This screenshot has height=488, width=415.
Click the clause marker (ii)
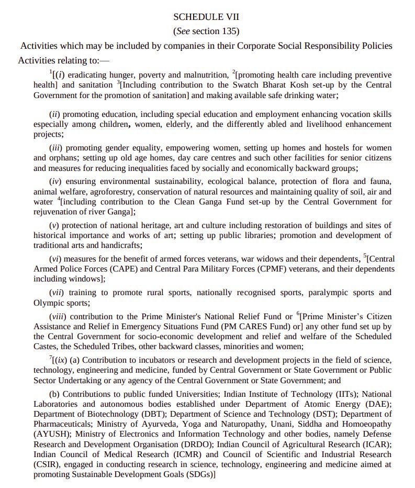55,114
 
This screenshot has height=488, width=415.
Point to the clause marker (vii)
57,292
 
